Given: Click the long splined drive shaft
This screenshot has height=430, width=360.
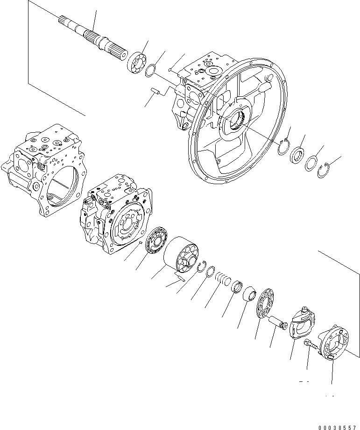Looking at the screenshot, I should pos(93,38).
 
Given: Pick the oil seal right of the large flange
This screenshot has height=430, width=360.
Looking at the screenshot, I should pos(297,155).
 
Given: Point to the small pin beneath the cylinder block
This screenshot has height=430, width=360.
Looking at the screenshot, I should pos(181,279).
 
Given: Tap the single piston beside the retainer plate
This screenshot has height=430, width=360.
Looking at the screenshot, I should pos(280,322).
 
